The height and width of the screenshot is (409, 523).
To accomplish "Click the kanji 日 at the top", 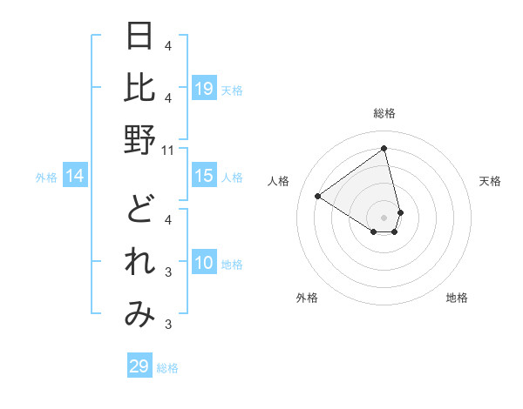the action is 140,37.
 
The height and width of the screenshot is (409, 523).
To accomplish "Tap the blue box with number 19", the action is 204,88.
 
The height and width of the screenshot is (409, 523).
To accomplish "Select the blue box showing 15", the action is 204,176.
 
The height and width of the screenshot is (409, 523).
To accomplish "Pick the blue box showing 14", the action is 75,177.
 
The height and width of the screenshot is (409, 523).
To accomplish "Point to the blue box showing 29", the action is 139,366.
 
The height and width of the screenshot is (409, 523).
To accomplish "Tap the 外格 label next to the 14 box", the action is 46,178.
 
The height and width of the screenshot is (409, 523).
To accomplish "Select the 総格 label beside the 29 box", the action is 167,368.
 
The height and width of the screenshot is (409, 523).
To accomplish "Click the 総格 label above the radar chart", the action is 384,113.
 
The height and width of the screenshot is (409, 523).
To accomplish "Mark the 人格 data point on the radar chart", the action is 318,196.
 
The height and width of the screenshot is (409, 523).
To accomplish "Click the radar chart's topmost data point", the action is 384,149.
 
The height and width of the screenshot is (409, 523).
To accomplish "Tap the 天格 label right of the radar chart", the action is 491,181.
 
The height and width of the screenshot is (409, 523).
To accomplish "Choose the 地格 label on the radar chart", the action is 457,298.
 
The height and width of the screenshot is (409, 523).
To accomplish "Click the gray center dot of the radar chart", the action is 384,217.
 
